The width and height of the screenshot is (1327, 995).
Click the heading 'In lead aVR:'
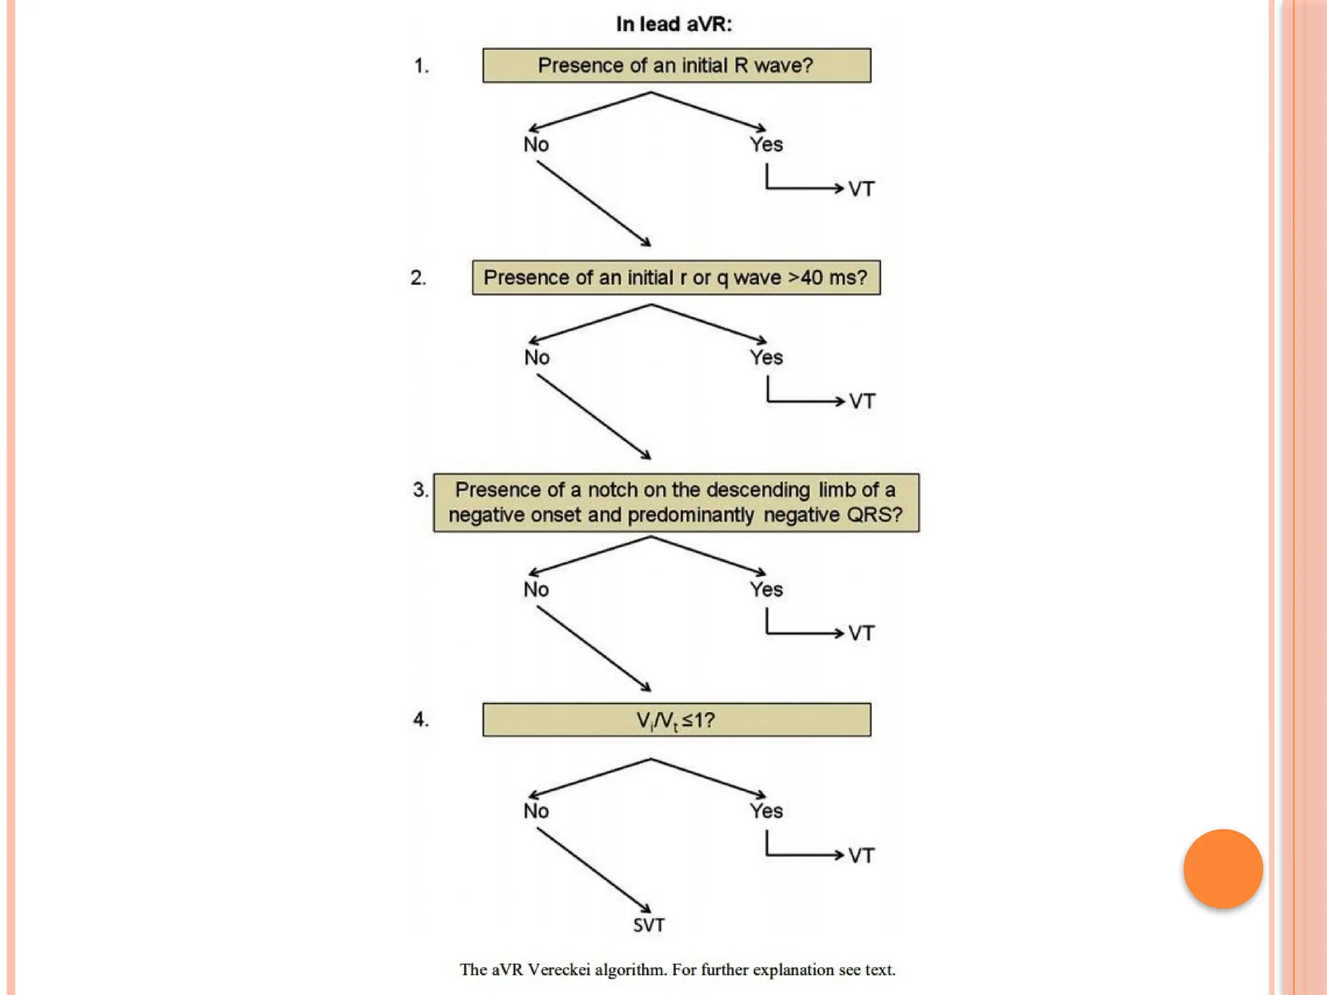674,25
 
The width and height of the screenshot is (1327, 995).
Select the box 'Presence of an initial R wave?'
676,65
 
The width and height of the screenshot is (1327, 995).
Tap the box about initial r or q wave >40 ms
676,278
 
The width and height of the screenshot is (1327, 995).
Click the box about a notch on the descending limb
676,503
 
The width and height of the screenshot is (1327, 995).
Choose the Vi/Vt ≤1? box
676,720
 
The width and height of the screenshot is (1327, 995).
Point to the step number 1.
421,66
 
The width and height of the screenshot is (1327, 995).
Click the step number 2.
419,278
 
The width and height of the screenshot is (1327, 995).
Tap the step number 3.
421,490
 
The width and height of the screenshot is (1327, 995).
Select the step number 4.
421,720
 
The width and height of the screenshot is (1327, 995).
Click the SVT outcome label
649,925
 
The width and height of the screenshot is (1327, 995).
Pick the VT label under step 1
861,189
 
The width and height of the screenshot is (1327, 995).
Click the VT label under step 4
861,856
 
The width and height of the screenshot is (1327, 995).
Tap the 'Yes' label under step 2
767,358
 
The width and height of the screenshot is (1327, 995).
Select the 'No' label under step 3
536,589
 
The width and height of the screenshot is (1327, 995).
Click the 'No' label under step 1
536,144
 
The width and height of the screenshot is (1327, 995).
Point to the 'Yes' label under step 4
767,811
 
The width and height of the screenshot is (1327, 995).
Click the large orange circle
1223,869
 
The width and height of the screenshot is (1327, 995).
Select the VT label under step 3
861,633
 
